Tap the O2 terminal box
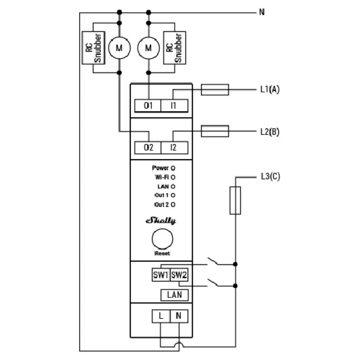148,148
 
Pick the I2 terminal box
174,148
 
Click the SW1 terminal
161,275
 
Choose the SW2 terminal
179,275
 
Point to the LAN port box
175,295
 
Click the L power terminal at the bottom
161,316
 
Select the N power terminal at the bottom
179,316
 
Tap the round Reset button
162,239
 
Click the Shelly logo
161,221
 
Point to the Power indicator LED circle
173,168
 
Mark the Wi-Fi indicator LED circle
173,177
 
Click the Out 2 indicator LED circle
173,204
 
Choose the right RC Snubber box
174,48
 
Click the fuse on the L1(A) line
215,90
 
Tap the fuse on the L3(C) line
235,201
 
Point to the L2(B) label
270,132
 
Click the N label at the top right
262,13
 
